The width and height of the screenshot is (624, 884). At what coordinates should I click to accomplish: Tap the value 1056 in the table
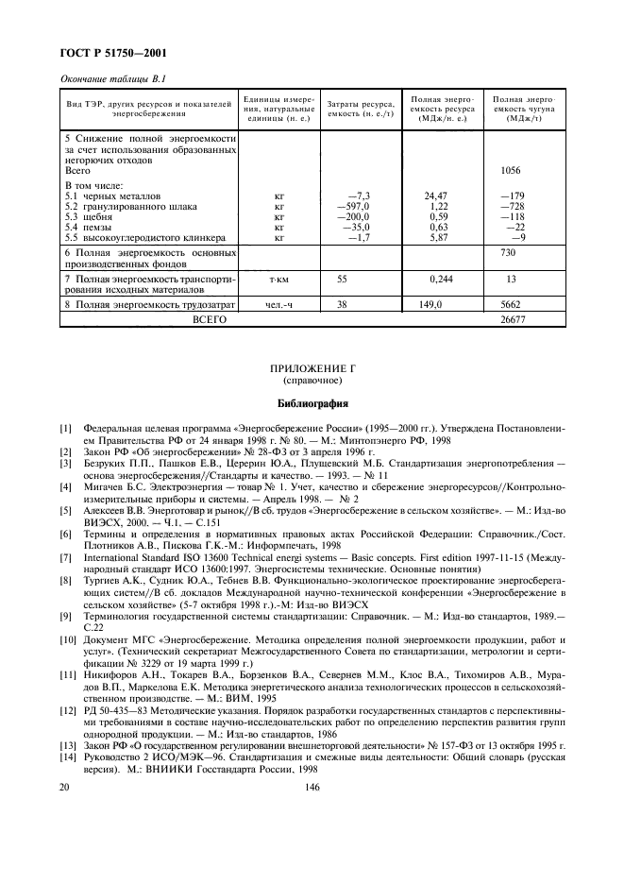(x=511, y=171)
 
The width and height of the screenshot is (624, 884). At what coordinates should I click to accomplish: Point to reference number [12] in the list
(x=67, y=708)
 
